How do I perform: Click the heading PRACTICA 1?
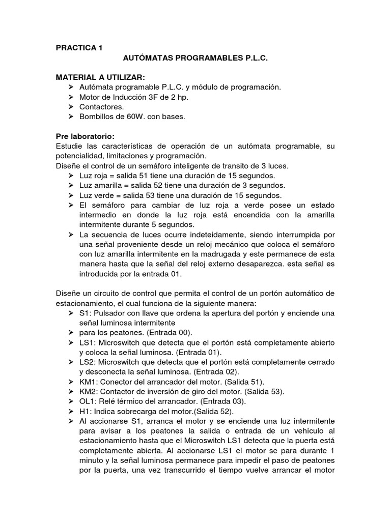(79, 48)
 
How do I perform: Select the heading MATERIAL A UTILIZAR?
(100, 77)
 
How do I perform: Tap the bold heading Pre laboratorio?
(85, 137)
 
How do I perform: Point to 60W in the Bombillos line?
(132, 117)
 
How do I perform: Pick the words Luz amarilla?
(100, 185)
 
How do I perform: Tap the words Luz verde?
(96, 195)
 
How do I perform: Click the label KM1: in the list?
(89, 382)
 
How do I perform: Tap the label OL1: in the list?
(88, 401)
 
